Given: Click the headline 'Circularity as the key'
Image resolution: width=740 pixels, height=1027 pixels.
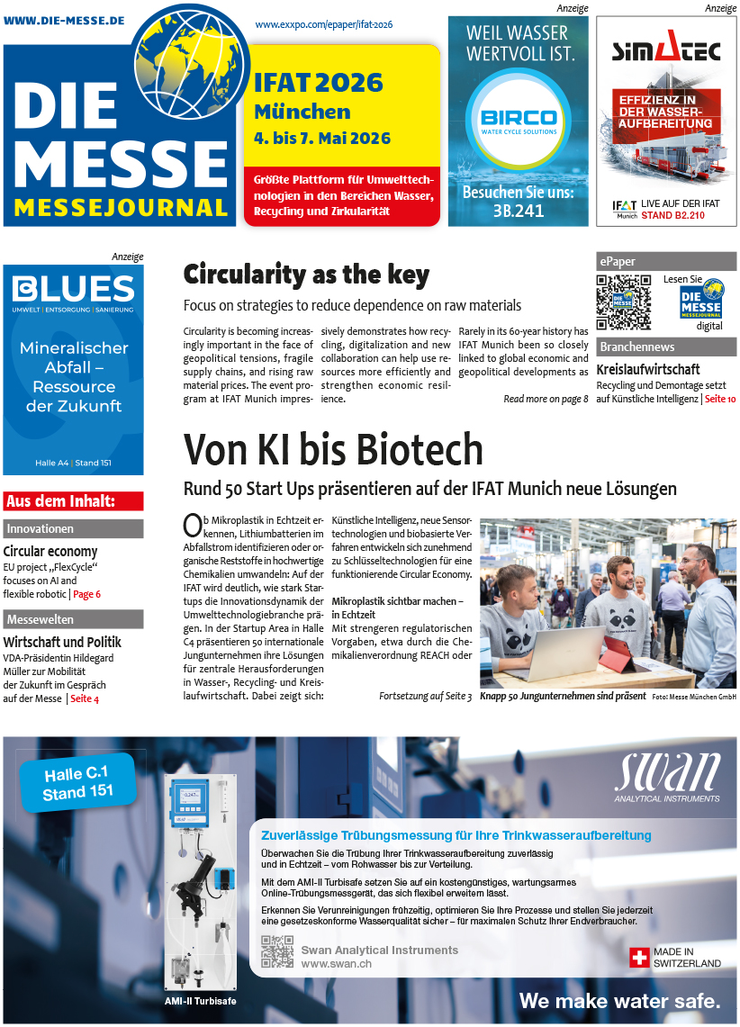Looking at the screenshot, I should tap(306, 274).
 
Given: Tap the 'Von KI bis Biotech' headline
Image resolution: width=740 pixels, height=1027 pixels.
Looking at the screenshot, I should tap(333, 449).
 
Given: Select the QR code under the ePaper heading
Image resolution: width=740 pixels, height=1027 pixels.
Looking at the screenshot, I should tap(623, 301).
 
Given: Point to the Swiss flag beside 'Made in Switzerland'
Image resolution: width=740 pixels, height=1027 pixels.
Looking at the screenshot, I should tap(639, 957).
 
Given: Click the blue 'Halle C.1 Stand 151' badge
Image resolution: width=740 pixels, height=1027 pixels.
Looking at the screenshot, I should tap(77, 782).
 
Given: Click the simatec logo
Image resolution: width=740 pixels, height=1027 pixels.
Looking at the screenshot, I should tap(666, 50).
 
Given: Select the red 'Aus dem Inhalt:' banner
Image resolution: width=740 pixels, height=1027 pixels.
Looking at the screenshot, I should tap(73, 501).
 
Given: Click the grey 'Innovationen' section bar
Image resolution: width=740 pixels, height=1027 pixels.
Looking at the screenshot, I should tap(73, 529).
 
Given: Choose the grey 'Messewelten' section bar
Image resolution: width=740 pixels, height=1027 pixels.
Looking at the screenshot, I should tap(73, 619).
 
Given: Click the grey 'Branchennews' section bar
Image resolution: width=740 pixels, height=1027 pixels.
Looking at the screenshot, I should tap(666, 347).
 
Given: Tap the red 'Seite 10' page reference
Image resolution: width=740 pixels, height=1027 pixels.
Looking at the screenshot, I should tap(719, 399).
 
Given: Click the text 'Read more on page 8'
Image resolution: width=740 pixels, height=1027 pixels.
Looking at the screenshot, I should tap(546, 399).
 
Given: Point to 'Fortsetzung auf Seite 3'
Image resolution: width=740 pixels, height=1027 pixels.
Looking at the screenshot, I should tap(425, 696).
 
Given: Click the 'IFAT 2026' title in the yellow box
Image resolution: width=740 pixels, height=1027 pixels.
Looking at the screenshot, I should tap(319, 84).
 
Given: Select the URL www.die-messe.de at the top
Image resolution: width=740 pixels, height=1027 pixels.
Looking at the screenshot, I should tap(64, 20).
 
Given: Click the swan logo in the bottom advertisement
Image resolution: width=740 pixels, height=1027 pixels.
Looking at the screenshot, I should tap(667, 773).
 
